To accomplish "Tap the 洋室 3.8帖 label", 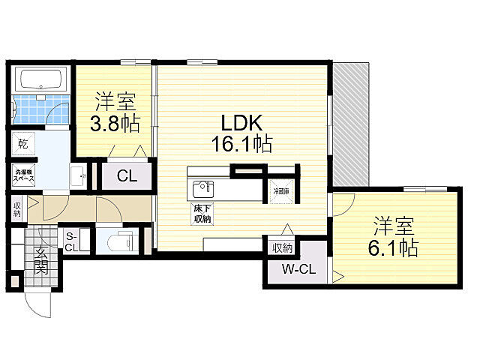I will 115,113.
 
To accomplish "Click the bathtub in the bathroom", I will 42,79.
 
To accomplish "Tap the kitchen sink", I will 203,187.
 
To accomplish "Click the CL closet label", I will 127,177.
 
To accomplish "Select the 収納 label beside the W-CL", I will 282,247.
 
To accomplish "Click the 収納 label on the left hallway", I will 16,208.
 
